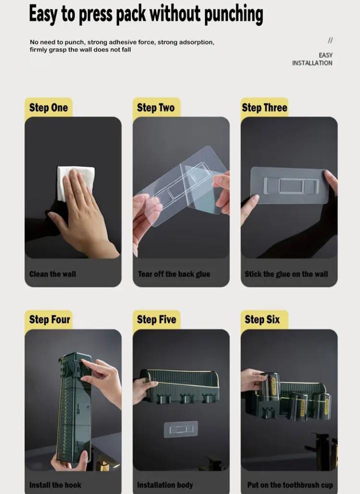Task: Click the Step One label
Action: coord(48,108)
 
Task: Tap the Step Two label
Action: coord(156,108)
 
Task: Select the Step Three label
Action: coord(264,108)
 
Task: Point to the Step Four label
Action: coord(49,319)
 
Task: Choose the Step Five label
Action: coord(156,319)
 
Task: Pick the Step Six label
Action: coord(262,319)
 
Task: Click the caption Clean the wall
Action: coord(52,274)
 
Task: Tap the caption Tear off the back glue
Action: coord(174,274)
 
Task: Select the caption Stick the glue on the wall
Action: coord(286,274)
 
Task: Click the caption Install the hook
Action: coord(55,485)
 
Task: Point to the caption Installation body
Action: coord(165,485)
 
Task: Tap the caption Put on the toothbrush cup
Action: coord(290,485)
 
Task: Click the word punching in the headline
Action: coord(234,15)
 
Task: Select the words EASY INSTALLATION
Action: coord(312,59)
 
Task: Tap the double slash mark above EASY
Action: coord(330,41)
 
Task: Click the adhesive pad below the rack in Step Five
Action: coord(181,429)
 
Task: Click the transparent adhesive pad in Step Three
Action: coord(289,185)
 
